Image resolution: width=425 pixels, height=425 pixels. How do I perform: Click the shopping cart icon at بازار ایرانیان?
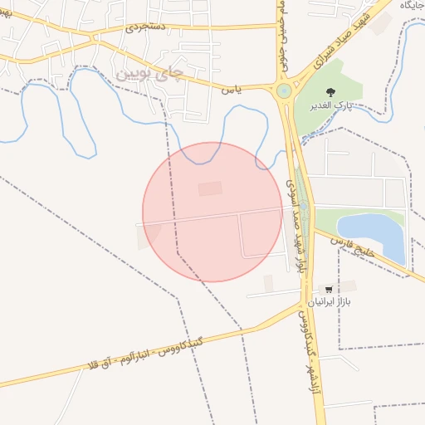click(330, 288)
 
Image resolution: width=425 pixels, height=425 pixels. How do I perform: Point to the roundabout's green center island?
click(284, 90)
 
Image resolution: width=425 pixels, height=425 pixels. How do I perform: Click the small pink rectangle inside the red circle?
click(210, 189)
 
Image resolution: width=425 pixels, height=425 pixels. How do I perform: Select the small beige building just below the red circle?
click(268, 283)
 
